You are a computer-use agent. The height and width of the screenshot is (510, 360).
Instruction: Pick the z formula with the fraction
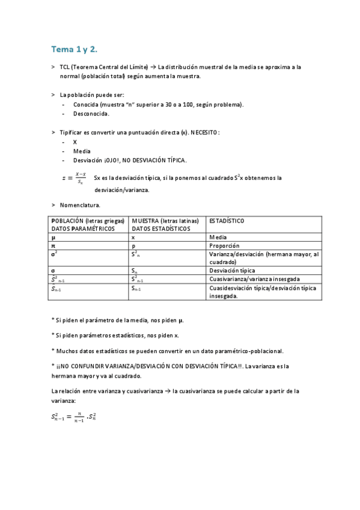point(75,178)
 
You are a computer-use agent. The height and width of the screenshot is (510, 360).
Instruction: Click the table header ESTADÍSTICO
point(227,221)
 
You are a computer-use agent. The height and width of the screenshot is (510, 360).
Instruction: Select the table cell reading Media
point(218,238)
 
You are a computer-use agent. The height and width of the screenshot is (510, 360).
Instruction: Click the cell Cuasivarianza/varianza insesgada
point(254,279)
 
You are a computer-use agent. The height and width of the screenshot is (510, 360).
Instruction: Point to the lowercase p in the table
point(133,246)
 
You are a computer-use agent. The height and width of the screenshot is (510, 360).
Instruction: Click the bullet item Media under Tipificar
point(82,151)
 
